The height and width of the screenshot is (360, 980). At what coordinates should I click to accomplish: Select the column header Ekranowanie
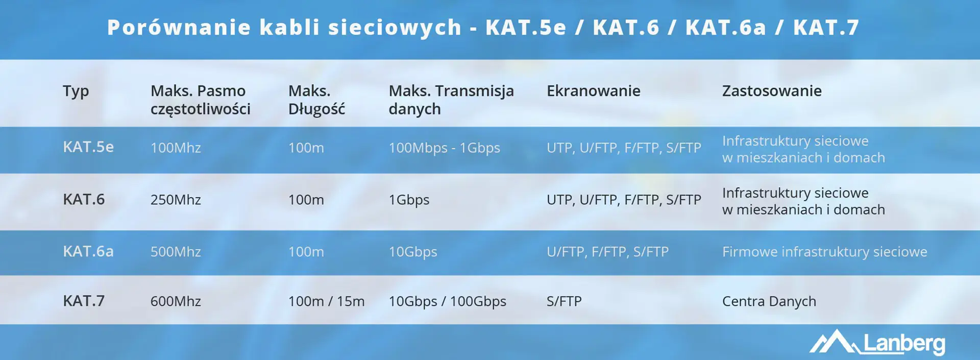pos(593,91)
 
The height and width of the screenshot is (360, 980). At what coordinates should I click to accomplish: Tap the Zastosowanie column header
pos(771,91)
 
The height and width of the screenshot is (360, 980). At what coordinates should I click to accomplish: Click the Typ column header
pos(76,91)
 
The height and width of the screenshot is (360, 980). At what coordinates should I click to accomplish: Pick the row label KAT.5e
pos(88,147)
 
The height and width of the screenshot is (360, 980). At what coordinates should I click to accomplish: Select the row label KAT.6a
pos(88,251)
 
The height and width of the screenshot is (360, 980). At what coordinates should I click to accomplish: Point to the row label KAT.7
pos(84,301)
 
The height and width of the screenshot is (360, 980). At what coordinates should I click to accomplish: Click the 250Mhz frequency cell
pos(176,200)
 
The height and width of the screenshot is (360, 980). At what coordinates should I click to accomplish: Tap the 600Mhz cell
pos(176,301)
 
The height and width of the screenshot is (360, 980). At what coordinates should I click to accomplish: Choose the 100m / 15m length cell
pos(326,301)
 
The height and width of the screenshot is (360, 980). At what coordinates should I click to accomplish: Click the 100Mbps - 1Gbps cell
pos(444,148)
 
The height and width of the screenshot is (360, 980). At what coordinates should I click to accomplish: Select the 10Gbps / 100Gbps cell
pos(447,301)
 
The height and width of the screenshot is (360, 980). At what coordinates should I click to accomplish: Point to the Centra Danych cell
pos(769,301)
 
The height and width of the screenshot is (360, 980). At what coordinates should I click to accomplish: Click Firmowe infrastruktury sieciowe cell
pos(824,252)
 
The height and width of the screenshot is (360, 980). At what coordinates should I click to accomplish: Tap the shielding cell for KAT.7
pos(564,301)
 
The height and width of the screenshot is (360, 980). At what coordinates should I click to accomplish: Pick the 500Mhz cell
pos(176,252)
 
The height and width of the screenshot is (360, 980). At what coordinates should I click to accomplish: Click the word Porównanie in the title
pos(179,28)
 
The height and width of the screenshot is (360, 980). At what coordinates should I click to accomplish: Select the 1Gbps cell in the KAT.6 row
pos(409,200)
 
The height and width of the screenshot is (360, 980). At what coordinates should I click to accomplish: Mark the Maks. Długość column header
pos(316,100)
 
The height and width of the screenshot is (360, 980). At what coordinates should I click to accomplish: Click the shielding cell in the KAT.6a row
pos(607,252)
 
